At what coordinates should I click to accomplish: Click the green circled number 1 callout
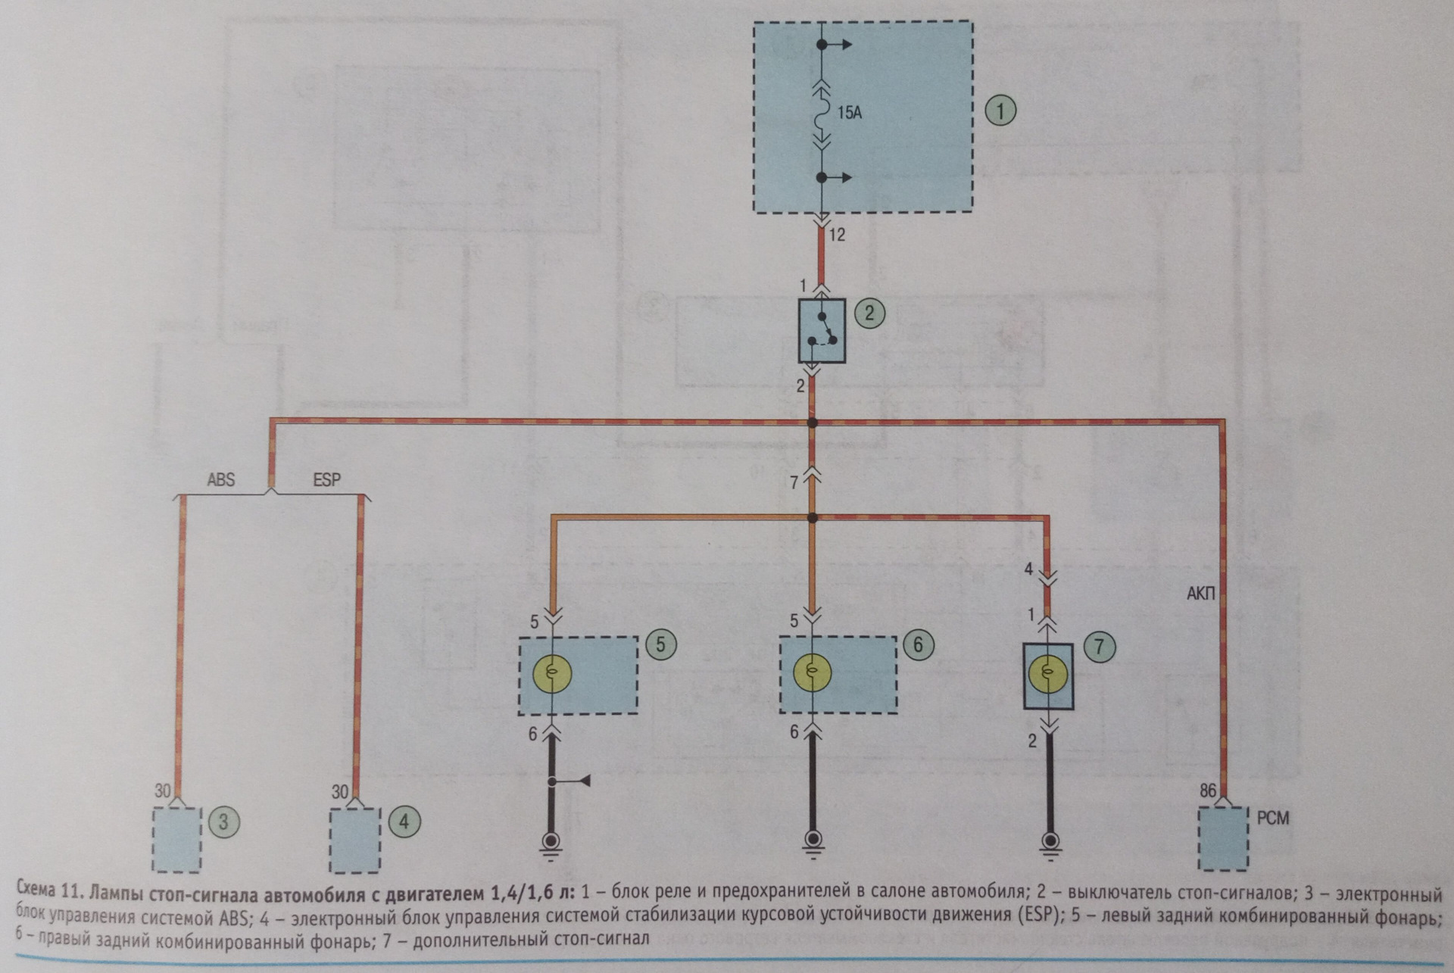coord(1000,111)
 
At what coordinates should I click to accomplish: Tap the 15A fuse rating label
coord(850,114)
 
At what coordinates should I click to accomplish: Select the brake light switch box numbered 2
coord(822,330)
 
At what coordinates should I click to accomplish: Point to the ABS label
coord(220,479)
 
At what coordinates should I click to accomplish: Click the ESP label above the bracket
coord(326,479)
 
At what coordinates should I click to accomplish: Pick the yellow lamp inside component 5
coord(552,672)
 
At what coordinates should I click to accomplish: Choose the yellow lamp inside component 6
coord(812,672)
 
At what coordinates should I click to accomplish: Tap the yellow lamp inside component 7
coord(1048,672)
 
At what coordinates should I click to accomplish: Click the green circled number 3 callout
coord(223,822)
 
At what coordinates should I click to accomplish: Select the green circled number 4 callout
coord(404,822)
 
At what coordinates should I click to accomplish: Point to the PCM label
coord(1272,819)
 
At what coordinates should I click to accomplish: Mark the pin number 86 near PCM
coord(1208,791)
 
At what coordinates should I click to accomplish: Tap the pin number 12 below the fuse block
coord(837,235)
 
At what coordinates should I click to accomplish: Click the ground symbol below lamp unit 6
coord(813,842)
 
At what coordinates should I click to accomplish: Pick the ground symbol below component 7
coord(1050,842)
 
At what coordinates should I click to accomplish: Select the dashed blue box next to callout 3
coord(177,839)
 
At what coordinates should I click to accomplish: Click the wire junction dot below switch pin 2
coord(813,423)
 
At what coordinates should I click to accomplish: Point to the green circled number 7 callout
coord(1099,646)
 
